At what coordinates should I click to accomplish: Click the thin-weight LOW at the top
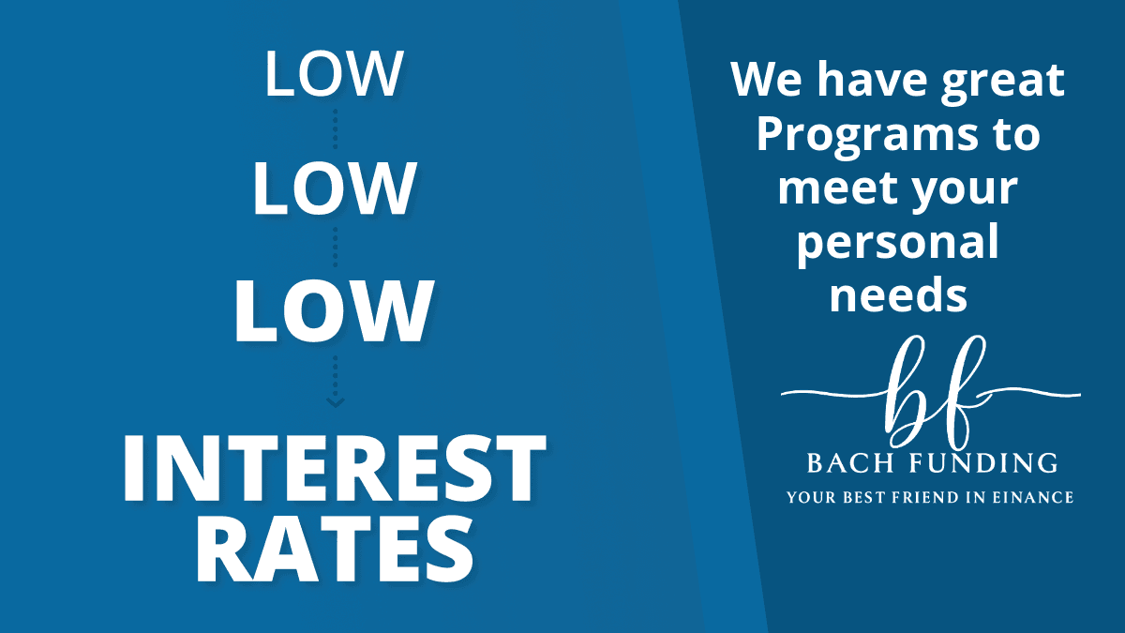334,73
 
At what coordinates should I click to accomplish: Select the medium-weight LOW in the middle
334,188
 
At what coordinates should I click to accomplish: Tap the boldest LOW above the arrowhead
334,311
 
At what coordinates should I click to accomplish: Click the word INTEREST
334,468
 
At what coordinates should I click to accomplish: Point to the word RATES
335,550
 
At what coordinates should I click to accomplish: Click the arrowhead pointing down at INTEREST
335,402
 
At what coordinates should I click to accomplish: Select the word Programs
867,137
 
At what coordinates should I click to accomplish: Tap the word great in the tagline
1002,81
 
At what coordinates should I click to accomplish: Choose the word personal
898,244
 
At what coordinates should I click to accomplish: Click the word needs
898,294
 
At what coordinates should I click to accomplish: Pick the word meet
837,188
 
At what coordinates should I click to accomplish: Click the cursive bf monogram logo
931,392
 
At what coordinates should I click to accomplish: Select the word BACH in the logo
850,462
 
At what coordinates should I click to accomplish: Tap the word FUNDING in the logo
984,462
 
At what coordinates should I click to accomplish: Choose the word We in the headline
767,80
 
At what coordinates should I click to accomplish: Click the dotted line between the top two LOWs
335,129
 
